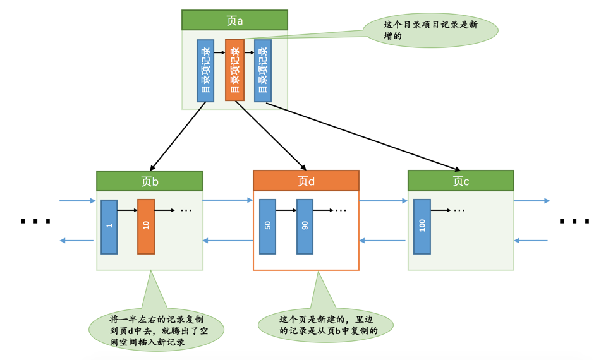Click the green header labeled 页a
tap(234, 20)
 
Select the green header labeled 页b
tap(150, 181)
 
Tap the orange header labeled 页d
tap(306, 181)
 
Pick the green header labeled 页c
tap(461, 181)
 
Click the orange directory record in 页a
tap(234, 70)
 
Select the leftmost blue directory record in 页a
tap(205, 71)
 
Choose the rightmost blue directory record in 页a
tap(263, 71)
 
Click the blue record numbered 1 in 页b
tap(109, 227)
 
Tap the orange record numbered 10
tap(146, 227)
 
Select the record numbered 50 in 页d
tap(268, 227)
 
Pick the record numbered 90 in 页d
tap(305, 227)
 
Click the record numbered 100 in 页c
tap(422, 227)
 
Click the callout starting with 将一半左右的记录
tap(156, 329)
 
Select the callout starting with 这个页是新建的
tap(326, 325)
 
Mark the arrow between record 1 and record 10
tap(127, 210)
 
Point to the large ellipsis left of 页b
tap(35, 222)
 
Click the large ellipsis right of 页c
tap(574, 222)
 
